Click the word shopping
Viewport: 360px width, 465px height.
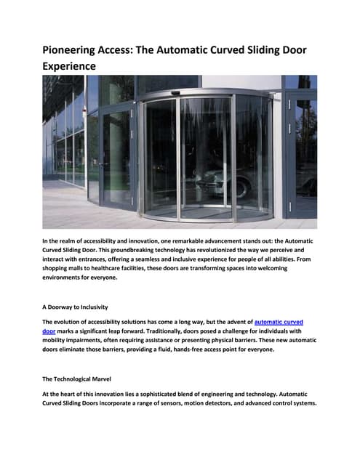tap(58, 268)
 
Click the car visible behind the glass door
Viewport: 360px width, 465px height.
tap(218, 178)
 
